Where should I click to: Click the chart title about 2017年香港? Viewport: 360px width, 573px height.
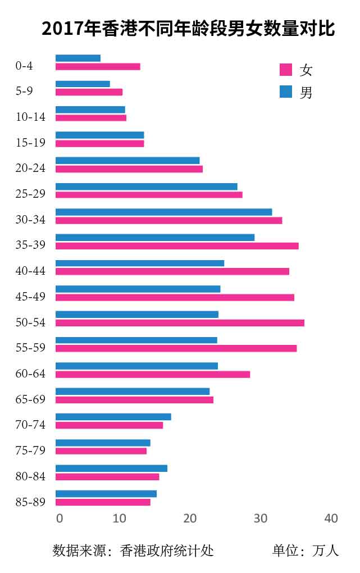pyautogui.click(x=188, y=29)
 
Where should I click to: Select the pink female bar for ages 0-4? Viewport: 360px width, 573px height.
pyautogui.click(x=98, y=67)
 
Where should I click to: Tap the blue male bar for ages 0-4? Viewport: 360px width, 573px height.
pyautogui.click(x=78, y=58)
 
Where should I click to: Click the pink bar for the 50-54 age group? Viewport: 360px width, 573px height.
pyautogui.click(x=180, y=322)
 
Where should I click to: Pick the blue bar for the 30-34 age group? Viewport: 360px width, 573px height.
pyautogui.click(x=163, y=212)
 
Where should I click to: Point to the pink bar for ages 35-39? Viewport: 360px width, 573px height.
pyautogui.click(x=177, y=245)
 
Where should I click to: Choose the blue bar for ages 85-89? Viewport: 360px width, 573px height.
pyautogui.click(x=106, y=494)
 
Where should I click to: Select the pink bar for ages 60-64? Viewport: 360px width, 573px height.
pyautogui.click(x=153, y=374)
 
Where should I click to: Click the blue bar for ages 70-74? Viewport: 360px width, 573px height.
pyautogui.click(x=113, y=417)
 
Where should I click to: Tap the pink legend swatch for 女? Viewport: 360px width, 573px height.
pyautogui.click(x=286, y=70)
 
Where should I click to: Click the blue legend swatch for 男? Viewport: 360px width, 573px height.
pyautogui.click(x=286, y=92)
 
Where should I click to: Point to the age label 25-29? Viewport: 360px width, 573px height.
pyautogui.click(x=30, y=194)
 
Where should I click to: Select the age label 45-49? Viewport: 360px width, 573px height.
pyautogui.click(x=30, y=297)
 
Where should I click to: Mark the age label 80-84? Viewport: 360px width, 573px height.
pyautogui.click(x=30, y=477)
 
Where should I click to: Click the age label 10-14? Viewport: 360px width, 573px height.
pyautogui.click(x=30, y=117)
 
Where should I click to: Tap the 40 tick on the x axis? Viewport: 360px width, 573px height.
pyautogui.click(x=331, y=519)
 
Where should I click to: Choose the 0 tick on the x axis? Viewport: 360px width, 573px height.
pyautogui.click(x=60, y=519)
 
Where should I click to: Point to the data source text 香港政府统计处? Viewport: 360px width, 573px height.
pyautogui.click(x=167, y=550)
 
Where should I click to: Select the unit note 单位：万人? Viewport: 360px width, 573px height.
pyautogui.click(x=306, y=550)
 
